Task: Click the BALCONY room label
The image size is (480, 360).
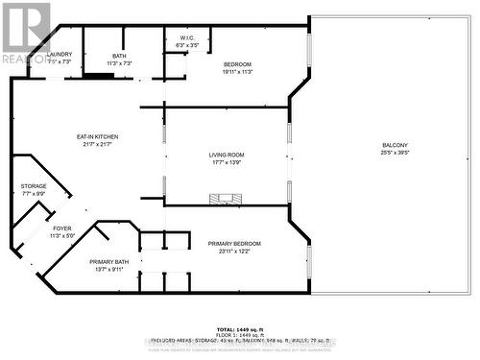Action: (394, 144)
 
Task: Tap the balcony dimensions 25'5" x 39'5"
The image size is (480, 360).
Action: (394, 152)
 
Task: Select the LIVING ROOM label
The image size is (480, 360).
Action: (228, 155)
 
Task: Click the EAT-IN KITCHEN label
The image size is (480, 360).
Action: (97, 137)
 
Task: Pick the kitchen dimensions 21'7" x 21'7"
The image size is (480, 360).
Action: (97, 145)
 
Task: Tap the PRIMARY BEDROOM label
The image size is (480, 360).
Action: (234, 244)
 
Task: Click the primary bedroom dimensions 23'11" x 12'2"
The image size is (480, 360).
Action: (234, 252)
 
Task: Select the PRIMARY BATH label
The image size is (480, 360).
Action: (109, 262)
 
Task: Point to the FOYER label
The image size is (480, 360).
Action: (61, 228)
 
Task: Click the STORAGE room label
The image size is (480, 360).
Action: (34, 186)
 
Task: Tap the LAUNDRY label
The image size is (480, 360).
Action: (60, 55)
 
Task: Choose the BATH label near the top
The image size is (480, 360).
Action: (119, 56)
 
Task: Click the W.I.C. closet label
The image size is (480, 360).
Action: (187, 37)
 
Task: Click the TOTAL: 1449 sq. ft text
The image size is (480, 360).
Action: (239, 327)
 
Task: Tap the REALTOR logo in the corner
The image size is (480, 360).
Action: (25, 34)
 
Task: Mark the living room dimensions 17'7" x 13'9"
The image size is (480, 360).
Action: (228, 162)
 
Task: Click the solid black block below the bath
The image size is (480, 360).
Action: (98, 76)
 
